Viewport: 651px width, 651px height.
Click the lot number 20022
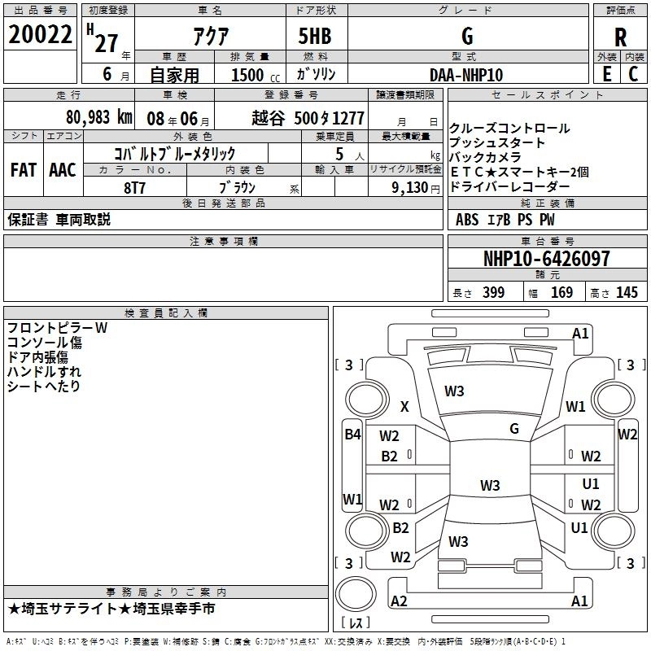pyautogui.click(x=41, y=37)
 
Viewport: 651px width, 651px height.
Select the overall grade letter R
pyautogui.click(x=620, y=37)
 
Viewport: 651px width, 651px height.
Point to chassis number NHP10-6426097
pyautogui.click(x=546, y=259)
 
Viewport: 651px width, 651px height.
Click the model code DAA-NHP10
pyautogui.click(x=466, y=74)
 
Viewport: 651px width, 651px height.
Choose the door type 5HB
pyautogui.click(x=313, y=37)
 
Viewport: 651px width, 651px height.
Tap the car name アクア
pyautogui.click(x=210, y=37)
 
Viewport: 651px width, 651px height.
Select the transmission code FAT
pyautogui.click(x=23, y=169)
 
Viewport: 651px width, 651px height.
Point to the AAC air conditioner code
pyautogui.click(x=63, y=169)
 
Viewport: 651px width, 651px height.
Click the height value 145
pyautogui.click(x=627, y=292)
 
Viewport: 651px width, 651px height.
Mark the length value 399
pyautogui.click(x=493, y=292)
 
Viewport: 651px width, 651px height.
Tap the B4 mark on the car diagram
pyautogui.click(x=352, y=435)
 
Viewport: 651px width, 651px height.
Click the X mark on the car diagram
pyautogui.click(x=404, y=407)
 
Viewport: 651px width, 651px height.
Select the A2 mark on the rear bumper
pyautogui.click(x=399, y=601)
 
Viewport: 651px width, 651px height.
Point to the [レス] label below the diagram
pyautogui.click(x=356, y=624)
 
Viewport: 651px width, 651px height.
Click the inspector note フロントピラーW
pyautogui.click(x=57, y=328)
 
